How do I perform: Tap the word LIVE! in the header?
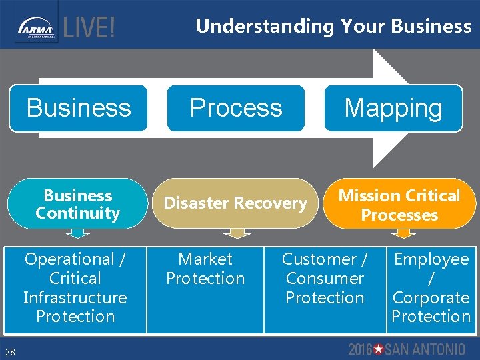click(x=89, y=29)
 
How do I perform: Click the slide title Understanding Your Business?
click(x=333, y=26)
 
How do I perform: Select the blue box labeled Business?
click(x=79, y=108)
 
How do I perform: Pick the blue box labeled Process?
click(x=236, y=108)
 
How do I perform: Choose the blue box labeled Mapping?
click(x=393, y=108)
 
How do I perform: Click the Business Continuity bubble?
click(x=78, y=204)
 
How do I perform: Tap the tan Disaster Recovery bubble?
click(x=235, y=203)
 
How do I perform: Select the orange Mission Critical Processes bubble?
click(x=399, y=205)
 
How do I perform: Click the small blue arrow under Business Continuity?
click(x=79, y=233)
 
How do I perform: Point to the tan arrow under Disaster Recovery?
click(x=237, y=233)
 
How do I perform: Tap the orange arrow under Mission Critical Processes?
click(x=402, y=233)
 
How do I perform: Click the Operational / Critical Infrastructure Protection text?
click(x=75, y=287)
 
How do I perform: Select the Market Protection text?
click(x=205, y=269)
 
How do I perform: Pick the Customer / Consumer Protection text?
click(x=325, y=278)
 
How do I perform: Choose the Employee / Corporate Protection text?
click(x=431, y=287)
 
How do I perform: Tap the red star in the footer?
click(x=379, y=349)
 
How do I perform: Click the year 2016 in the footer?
click(x=360, y=349)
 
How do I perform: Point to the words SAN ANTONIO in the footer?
click(x=425, y=349)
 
